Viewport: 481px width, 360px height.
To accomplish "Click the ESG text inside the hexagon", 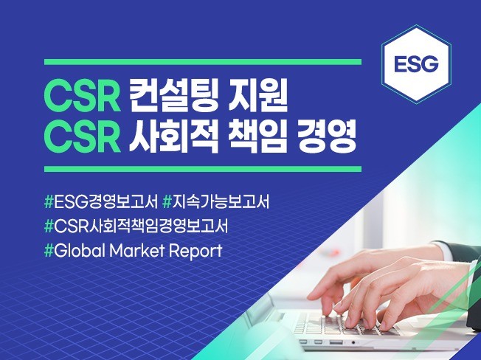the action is tap(416, 63).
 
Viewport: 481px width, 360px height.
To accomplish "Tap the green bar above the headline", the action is tap(203, 62).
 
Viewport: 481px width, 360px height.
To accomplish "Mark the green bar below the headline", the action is tap(203, 169).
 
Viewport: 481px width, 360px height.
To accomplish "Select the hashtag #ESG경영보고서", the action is tap(101, 202).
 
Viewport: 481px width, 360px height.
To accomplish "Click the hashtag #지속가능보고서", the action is tap(216, 202).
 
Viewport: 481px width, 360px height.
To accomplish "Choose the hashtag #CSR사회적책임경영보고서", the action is tap(136, 226).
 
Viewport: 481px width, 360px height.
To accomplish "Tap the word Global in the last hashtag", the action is tap(80, 251).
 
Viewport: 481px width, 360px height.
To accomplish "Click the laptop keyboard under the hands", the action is tap(341, 324).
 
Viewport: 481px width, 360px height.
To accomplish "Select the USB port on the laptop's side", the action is tap(336, 342).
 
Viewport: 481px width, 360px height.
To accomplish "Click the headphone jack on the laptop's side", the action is tap(353, 342).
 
